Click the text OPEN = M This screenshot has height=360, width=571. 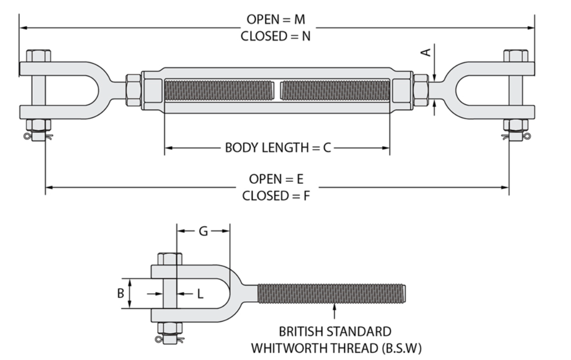click(x=275, y=19)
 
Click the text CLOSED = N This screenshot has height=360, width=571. click(x=275, y=36)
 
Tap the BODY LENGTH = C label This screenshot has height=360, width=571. click(x=278, y=147)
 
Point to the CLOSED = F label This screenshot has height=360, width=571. click(x=276, y=196)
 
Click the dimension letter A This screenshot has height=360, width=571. click(x=426, y=52)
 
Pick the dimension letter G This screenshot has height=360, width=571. click(x=203, y=231)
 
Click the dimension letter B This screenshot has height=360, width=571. click(x=120, y=293)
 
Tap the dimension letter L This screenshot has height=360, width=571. click(x=200, y=294)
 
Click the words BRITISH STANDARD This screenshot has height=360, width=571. click(x=335, y=332)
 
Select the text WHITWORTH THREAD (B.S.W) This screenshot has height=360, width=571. click(x=336, y=348)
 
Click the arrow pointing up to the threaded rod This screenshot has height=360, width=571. click(x=335, y=312)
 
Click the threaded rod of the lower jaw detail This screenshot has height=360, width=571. click(x=332, y=293)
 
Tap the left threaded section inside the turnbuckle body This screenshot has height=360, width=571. click(x=219, y=90)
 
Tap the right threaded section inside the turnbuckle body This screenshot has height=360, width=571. click(x=335, y=90)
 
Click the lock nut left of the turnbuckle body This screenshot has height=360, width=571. click(x=133, y=90)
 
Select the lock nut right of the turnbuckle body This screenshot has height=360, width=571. click(x=421, y=90)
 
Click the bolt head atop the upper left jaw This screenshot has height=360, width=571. click(x=38, y=56)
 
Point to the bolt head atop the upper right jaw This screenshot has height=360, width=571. click(x=516, y=56)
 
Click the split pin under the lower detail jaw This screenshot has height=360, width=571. click(x=169, y=340)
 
